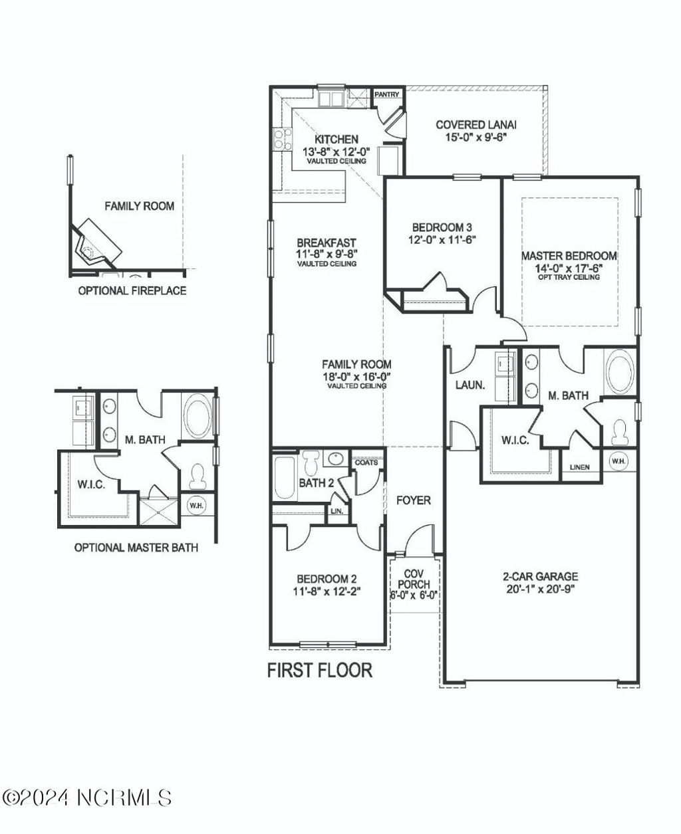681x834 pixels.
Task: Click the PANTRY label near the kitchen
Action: pyautogui.click(x=386, y=94)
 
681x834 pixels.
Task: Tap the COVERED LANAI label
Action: pyautogui.click(x=476, y=124)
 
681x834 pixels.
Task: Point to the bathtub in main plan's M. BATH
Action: pyautogui.click(x=620, y=372)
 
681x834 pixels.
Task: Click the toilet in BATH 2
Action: pyautogui.click(x=311, y=463)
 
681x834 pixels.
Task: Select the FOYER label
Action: pyautogui.click(x=414, y=500)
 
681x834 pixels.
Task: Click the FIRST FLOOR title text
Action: pyautogui.click(x=320, y=670)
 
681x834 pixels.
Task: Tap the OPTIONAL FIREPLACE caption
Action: pyautogui.click(x=132, y=290)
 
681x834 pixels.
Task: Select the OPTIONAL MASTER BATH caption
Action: pyautogui.click(x=136, y=548)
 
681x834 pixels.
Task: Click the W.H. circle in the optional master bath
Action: pyautogui.click(x=196, y=506)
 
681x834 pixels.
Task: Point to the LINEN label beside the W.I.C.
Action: pyautogui.click(x=579, y=467)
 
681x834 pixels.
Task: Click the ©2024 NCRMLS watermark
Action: pyautogui.click(x=87, y=797)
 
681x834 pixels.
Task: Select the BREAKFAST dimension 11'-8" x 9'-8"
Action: pyautogui.click(x=327, y=254)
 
